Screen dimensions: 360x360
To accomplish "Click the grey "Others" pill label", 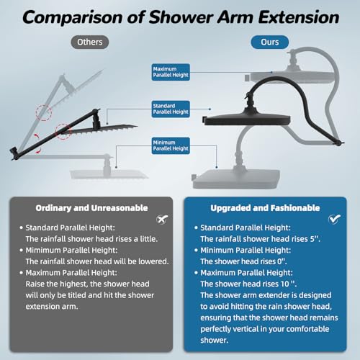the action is pos(90,42).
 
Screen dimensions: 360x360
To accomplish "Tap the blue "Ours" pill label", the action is pos(270,42).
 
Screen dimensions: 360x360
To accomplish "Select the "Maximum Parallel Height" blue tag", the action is pos(171,72).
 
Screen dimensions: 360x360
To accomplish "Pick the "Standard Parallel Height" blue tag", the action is pos(171,109).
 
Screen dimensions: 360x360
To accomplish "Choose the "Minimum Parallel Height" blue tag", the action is pos(171,145).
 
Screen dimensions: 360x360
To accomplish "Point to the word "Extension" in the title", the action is pos(299,17).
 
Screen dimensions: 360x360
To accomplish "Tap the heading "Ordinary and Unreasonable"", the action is pos(91,208).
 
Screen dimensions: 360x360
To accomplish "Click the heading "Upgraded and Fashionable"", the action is pos(265,208).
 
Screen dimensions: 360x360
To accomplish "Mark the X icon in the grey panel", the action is pos(162,219).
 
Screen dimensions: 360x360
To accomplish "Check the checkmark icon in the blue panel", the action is pos(334,219).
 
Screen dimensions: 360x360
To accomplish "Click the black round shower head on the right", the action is pos(247,120).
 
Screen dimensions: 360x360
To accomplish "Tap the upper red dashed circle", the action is pos(44,112).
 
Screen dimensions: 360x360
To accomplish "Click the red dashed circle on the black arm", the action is pos(63,132).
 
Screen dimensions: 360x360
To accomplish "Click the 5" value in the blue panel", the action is pos(315,239).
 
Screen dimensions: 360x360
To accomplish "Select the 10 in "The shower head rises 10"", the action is pos(285,284).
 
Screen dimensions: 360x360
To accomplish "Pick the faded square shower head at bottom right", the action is pos(236,179).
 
